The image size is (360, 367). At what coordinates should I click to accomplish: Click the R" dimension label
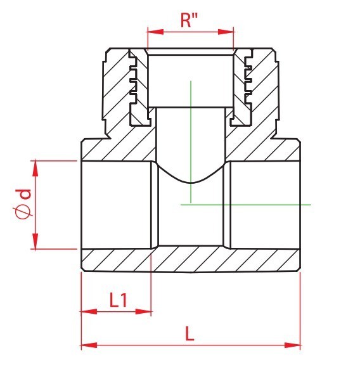click(x=189, y=20)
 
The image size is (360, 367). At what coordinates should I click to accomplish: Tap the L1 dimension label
click(x=119, y=300)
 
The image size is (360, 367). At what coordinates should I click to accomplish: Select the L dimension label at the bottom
click(x=190, y=333)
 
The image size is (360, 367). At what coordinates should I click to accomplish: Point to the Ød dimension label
click(x=22, y=203)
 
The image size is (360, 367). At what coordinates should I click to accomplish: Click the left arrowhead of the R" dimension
click(x=155, y=32)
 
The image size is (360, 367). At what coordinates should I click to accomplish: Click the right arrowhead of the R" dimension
click(x=226, y=32)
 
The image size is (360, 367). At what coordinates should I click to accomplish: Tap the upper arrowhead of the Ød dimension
click(x=35, y=169)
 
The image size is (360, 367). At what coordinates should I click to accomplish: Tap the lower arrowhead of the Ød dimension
click(x=35, y=241)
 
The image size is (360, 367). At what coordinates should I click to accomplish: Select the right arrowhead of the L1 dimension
click(x=143, y=311)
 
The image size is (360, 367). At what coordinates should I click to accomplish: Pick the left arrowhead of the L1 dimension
click(x=89, y=311)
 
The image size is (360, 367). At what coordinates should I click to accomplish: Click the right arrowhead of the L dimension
click(x=292, y=345)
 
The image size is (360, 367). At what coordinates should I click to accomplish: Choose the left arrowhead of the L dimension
click(x=89, y=345)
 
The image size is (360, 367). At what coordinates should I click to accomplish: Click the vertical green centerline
click(x=191, y=142)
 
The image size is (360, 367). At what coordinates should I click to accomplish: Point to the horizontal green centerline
click(x=246, y=205)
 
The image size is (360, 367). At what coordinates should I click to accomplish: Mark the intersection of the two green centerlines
click(x=191, y=205)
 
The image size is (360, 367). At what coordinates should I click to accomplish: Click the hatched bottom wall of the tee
click(x=191, y=260)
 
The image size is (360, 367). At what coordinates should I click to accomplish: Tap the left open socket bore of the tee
click(x=117, y=205)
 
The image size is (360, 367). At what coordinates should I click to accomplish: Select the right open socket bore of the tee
click(x=264, y=205)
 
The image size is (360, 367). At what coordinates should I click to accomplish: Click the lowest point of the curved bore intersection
click(x=191, y=183)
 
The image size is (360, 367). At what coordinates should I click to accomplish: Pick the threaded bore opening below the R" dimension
click(x=191, y=80)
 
